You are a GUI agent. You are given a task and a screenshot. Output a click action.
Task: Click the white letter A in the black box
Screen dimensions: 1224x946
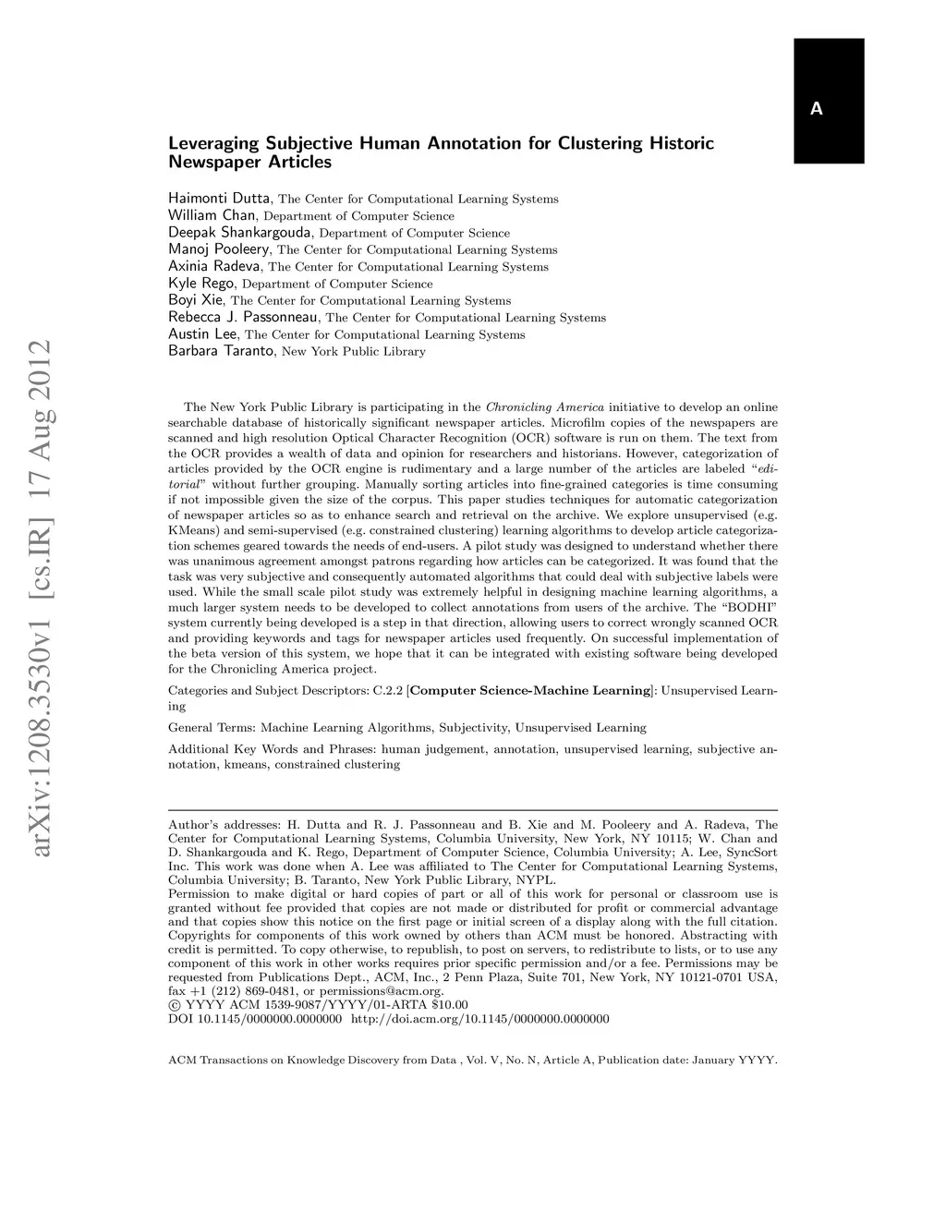tap(816, 109)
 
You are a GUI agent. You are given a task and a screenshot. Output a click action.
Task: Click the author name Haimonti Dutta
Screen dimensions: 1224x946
tap(219, 199)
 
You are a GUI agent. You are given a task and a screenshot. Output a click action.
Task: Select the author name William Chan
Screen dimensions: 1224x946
tap(212, 215)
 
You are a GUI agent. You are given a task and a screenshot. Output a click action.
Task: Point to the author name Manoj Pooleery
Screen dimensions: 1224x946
tap(219, 249)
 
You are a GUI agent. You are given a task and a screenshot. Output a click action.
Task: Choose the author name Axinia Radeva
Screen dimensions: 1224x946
tap(214, 266)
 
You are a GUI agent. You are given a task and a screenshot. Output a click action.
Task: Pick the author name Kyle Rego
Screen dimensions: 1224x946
tap(201, 284)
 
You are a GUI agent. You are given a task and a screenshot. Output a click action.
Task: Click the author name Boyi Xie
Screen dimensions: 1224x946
tap(196, 300)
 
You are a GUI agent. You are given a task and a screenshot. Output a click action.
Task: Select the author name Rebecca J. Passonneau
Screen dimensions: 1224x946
tap(244, 317)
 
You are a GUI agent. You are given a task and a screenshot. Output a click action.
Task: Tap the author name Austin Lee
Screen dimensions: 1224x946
tap(203, 334)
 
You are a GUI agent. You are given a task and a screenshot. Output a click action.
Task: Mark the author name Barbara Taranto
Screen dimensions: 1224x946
tap(221, 351)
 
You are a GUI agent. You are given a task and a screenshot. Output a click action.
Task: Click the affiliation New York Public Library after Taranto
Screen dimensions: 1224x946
tap(353, 352)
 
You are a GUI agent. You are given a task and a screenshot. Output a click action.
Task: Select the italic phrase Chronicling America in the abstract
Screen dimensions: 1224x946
tap(544, 407)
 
